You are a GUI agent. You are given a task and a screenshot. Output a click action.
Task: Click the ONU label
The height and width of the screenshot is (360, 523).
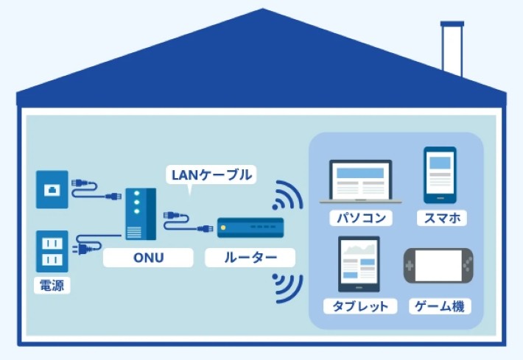(x=148, y=258)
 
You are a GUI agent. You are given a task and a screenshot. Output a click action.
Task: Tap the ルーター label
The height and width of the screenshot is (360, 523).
(x=250, y=258)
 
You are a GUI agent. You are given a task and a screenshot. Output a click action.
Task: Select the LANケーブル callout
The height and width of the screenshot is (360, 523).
(x=211, y=174)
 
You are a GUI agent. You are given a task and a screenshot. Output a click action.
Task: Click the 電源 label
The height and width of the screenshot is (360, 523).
(x=52, y=285)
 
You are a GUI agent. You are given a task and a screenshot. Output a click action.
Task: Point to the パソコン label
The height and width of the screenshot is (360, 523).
(x=360, y=218)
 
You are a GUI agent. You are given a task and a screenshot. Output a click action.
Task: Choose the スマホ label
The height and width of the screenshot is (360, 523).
(x=441, y=218)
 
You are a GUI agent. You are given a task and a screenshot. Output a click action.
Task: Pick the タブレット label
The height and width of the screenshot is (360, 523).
(x=360, y=306)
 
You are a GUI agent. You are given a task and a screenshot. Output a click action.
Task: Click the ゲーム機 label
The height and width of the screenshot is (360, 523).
(x=440, y=306)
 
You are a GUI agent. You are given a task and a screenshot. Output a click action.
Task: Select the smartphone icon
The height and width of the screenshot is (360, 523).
(x=440, y=174)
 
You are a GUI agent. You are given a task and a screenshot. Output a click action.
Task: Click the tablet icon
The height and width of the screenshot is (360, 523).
(x=359, y=264)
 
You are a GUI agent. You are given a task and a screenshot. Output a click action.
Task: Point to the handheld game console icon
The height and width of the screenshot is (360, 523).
(x=438, y=266)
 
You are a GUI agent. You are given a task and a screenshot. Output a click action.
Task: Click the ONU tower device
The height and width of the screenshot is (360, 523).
(x=140, y=213)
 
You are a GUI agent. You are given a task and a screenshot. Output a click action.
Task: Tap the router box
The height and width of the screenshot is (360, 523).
(x=250, y=228)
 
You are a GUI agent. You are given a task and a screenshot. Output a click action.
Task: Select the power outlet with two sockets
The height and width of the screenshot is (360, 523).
(x=52, y=250)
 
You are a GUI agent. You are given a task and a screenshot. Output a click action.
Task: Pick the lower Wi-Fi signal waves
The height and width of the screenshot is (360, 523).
(x=287, y=287)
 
